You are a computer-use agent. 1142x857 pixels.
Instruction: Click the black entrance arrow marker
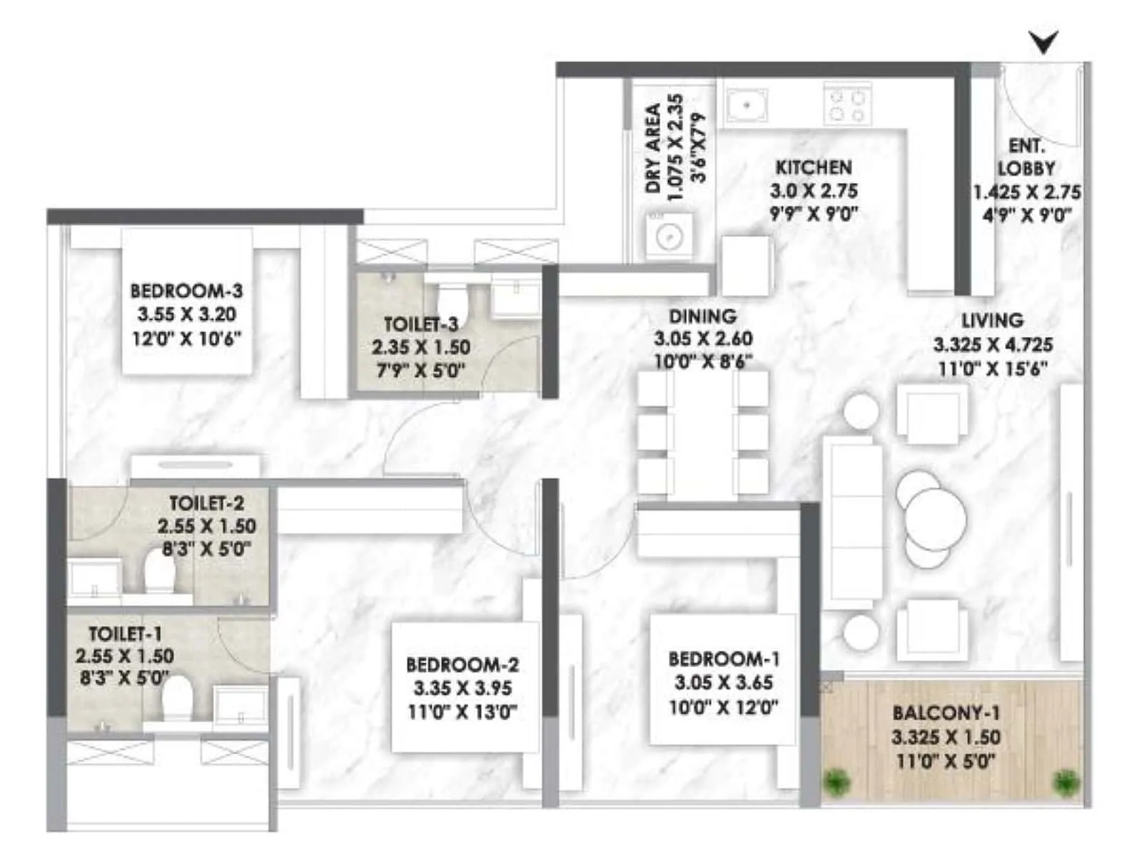coord(1044,43)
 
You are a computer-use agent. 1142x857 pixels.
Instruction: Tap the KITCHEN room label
coord(813,167)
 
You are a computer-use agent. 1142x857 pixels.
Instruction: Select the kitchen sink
coord(747,105)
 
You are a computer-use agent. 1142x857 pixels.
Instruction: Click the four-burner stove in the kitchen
coord(847,105)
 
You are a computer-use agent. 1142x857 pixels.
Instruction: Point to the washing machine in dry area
coord(669,236)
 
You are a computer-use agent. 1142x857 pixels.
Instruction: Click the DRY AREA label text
coord(652,149)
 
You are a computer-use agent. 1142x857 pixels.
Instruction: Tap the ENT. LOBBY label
coord(1026,157)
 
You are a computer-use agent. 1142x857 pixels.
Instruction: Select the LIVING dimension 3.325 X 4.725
coord(993,345)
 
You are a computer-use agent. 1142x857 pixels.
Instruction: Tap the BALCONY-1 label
coord(946,713)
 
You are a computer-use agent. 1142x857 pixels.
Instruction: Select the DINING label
coord(702,316)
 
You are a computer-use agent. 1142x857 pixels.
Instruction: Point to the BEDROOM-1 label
coord(724,658)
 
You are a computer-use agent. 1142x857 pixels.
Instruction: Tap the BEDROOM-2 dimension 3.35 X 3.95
coord(462,688)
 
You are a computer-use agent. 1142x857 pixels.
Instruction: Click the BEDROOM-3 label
coord(186,291)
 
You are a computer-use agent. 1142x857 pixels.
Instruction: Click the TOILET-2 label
coord(206,503)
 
